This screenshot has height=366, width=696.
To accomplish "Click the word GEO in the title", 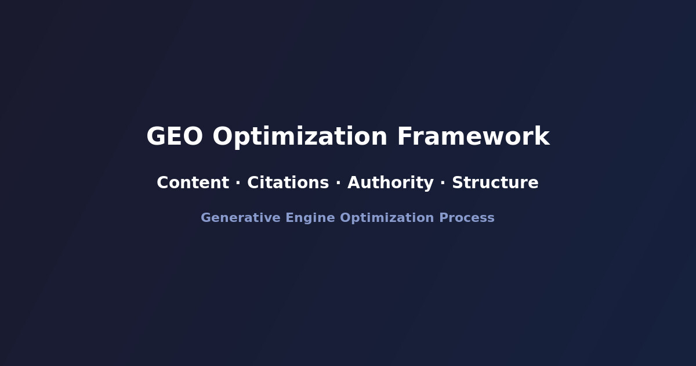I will [x=175, y=137].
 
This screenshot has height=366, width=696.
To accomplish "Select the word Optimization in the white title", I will [x=300, y=137].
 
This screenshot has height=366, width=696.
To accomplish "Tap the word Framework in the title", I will [x=473, y=137].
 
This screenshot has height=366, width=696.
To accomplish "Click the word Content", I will [x=193, y=183].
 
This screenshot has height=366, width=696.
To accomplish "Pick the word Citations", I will [x=288, y=183].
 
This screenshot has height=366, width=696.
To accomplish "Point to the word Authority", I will [x=390, y=183].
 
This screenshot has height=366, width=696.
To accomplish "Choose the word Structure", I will [x=495, y=183].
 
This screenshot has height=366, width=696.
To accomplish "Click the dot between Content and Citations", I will [x=238, y=183].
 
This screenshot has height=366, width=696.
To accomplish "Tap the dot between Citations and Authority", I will [x=338, y=183].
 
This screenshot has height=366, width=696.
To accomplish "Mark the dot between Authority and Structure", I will [x=443, y=183].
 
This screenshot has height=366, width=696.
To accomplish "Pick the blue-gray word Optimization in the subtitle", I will [x=387, y=218].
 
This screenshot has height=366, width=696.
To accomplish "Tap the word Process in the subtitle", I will [x=467, y=218].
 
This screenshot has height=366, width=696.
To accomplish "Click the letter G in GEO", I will [x=156, y=137].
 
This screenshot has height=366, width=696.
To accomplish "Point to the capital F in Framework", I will [x=404, y=137].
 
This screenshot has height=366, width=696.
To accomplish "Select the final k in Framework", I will [x=542, y=137].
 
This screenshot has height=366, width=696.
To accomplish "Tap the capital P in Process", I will [x=444, y=218].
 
